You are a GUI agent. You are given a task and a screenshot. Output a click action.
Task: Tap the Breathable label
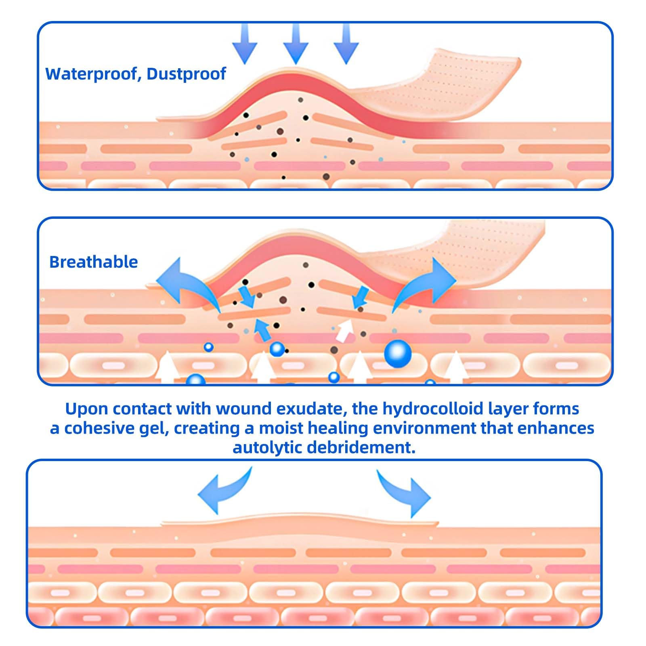pyautogui.click(x=93, y=262)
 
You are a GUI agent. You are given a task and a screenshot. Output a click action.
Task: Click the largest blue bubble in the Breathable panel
pyautogui.click(x=398, y=354)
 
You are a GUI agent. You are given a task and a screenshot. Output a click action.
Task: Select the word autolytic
pyautogui.click(x=267, y=447)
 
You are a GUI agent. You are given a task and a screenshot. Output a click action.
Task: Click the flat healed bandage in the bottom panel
pyautogui.click(x=299, y=521)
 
